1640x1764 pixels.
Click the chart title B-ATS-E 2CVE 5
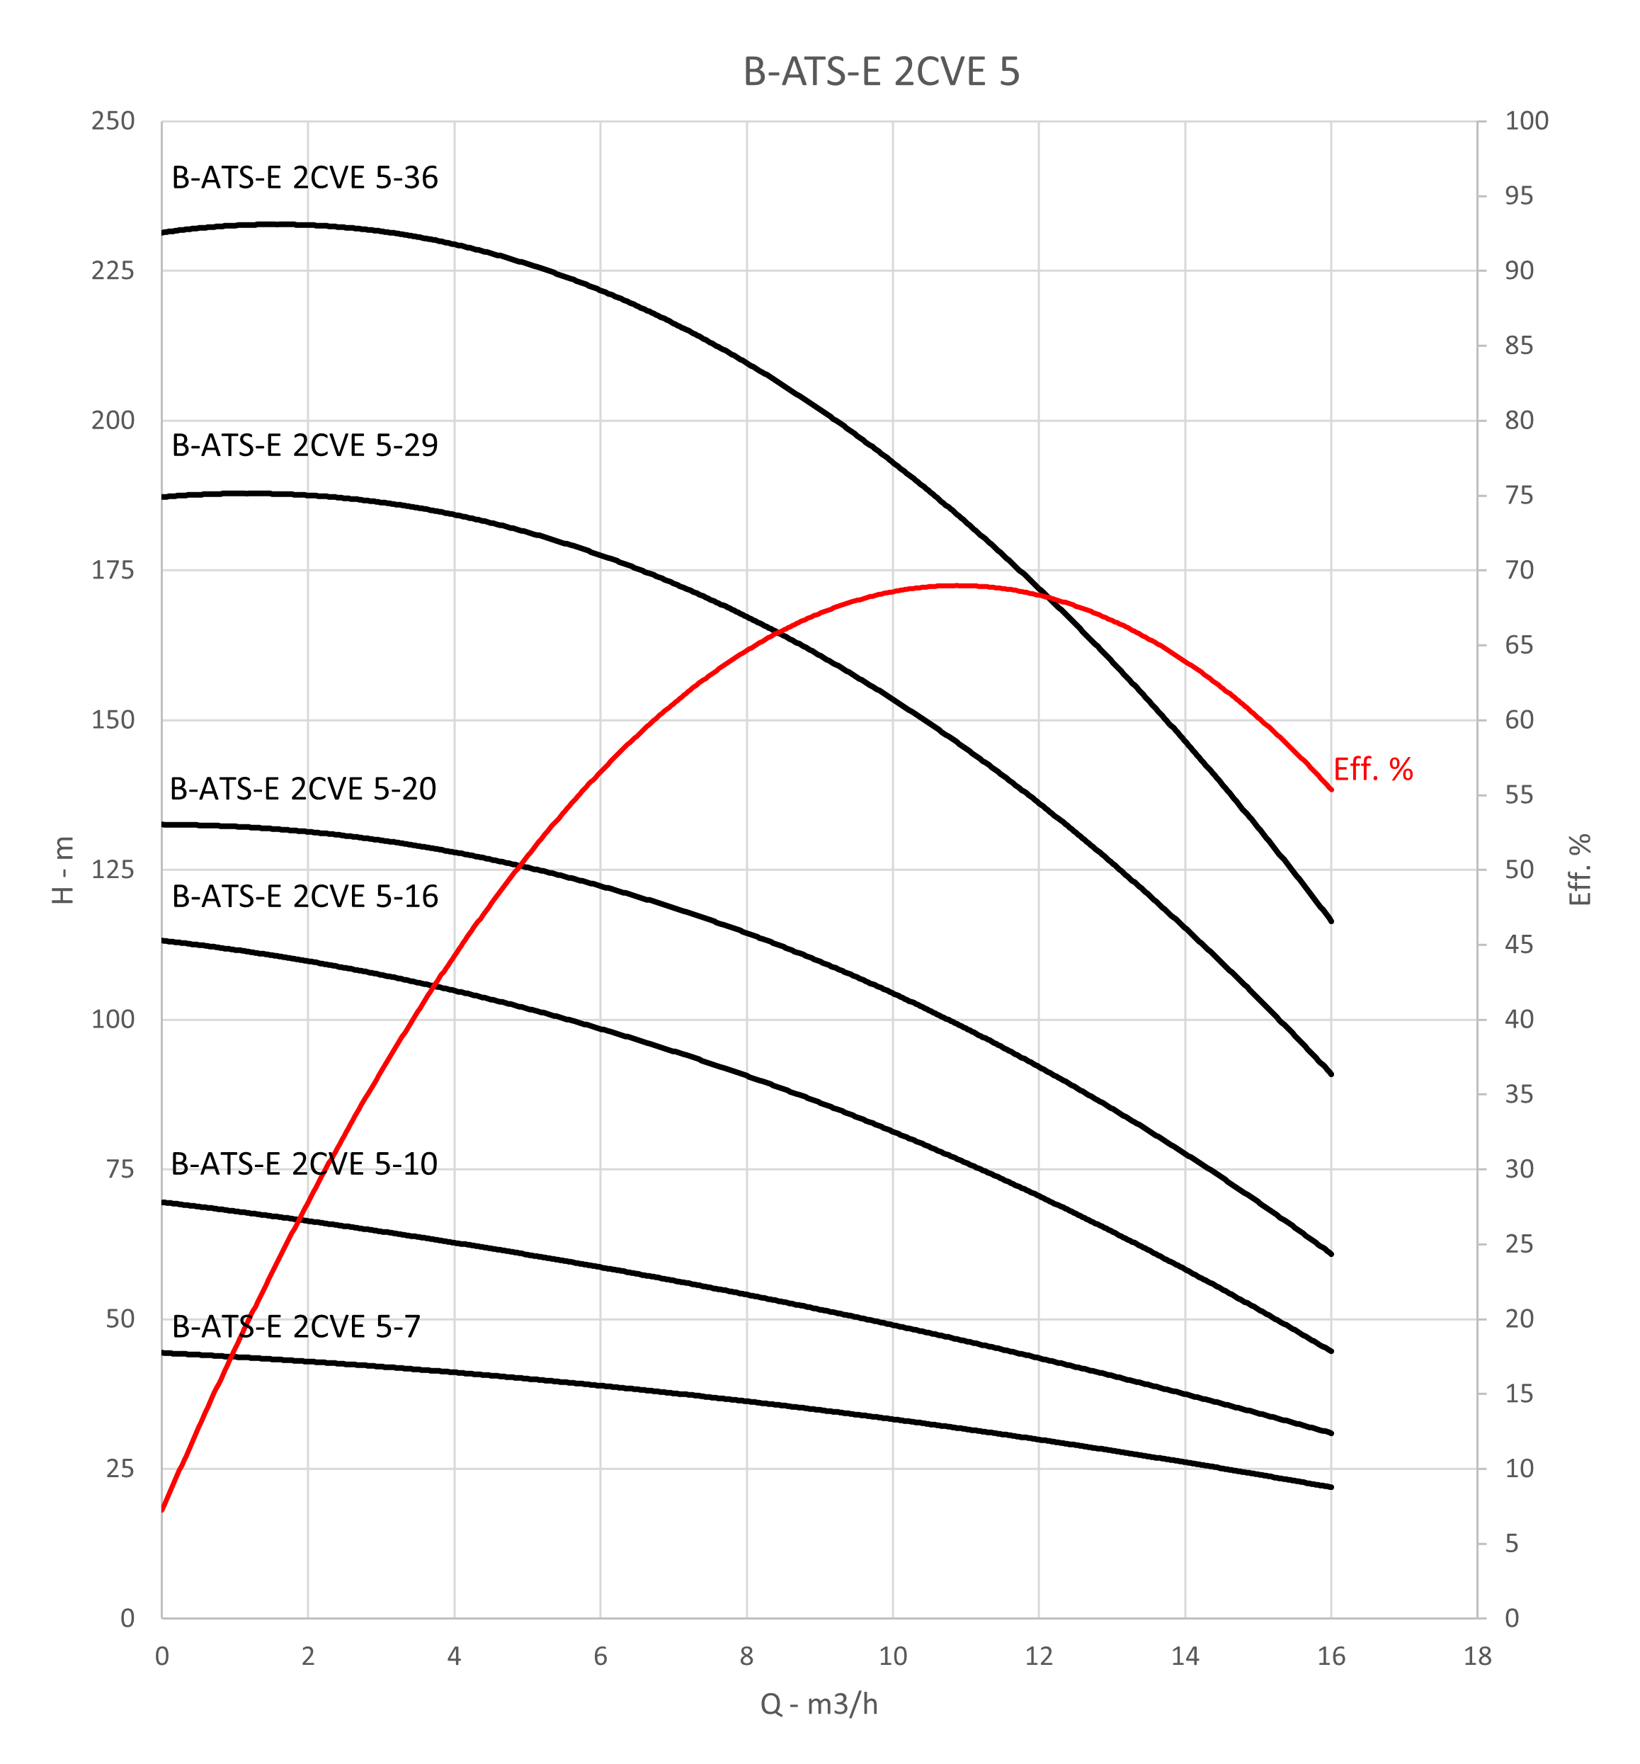coord(881,72)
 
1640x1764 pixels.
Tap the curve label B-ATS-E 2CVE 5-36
coord(304,178)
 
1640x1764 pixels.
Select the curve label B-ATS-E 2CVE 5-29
coord(304,445)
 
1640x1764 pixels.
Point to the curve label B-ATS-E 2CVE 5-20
coord(302,789)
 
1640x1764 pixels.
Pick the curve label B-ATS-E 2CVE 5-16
coord(304,897)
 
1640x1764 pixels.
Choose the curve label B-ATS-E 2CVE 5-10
coord(304,1164)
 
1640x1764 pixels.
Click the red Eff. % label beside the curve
coord(1373,769)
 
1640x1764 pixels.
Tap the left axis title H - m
coord(63,870)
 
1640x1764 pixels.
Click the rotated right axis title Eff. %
coord(1580,870)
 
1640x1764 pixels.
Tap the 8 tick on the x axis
coord(746,1656)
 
